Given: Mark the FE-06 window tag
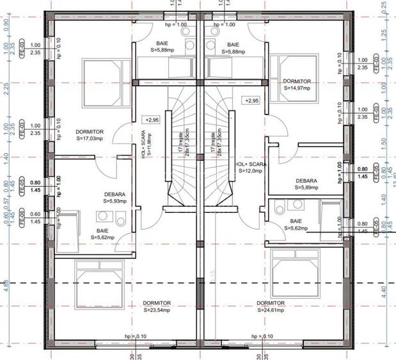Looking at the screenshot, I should tap(21, 217).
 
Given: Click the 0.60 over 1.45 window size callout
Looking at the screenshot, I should tap(35, 218).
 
